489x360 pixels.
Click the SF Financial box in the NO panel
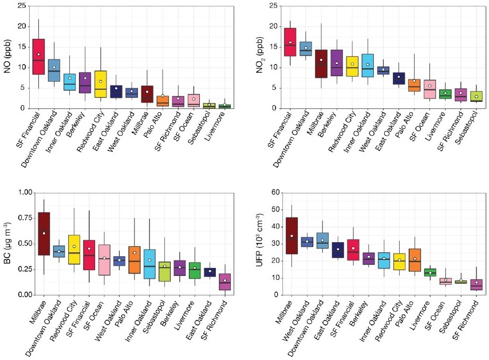pos(38,57)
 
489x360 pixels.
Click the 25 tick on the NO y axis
pos(21,6)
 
